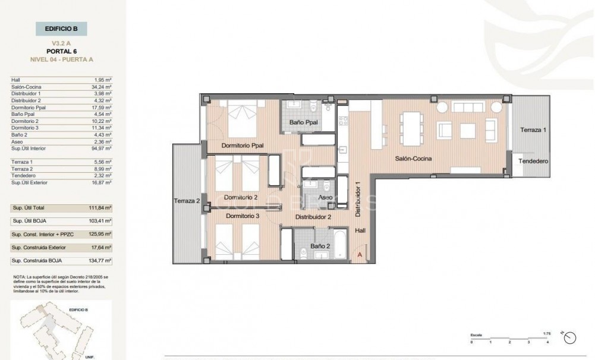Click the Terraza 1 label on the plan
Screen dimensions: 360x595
point(532,130)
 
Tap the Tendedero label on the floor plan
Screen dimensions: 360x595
point(533,161)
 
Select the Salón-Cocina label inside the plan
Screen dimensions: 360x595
point(413,158)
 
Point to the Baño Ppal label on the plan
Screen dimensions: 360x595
point(303,123)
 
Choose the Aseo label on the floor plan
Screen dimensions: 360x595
point(326,197)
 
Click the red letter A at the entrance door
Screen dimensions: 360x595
point(359,254)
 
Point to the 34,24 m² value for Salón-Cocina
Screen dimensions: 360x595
point(103,87)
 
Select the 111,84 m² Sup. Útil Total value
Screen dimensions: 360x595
point(103,208)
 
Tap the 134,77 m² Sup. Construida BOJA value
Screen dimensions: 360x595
point(103,261)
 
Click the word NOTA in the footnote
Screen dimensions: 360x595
point(19,277)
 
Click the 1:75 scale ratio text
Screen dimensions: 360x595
point(547,333)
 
